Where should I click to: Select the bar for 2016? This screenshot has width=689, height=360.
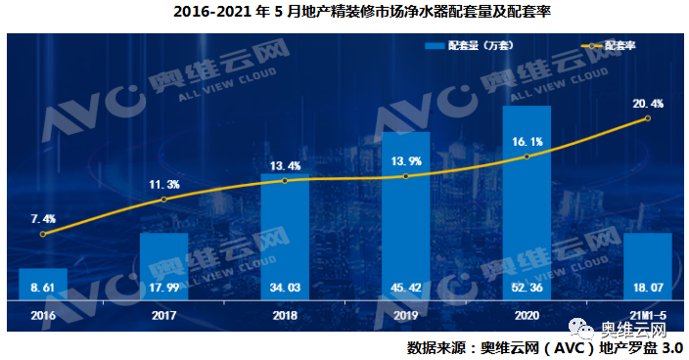pos(43,284)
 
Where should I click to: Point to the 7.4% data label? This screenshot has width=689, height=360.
pos(43,218)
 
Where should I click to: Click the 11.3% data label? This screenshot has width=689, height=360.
pos(163,184)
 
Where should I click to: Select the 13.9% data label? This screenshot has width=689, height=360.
pos(405,160)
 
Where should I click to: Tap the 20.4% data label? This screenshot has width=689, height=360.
pos(648,103)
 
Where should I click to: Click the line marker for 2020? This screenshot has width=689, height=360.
pos(527,157)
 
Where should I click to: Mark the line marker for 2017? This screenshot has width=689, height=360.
pos(163,200)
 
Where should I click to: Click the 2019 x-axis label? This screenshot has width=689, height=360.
pos(405,316)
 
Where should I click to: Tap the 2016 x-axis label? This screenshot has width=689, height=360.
pos(43,316)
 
